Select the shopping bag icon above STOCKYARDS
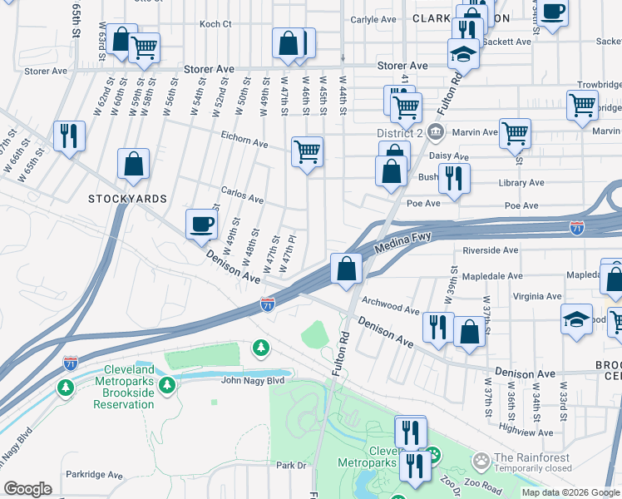[x=133, y=165]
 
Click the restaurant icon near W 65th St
[x=69, y=136]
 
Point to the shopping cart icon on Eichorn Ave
[x=307, y=153]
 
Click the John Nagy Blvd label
[x=253, y=381]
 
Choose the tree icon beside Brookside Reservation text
[x=168, y=385]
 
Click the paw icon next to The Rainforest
[x=481, y=459]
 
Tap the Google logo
[x=27, y=489]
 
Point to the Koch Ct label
[x=215, y=24]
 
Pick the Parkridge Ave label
[x=94, y=476]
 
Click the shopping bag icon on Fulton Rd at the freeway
[x=346, y=269]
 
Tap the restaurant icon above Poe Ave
[x=454, y=179]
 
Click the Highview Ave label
[x=526, y=432]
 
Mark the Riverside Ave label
[x=490, y=249]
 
